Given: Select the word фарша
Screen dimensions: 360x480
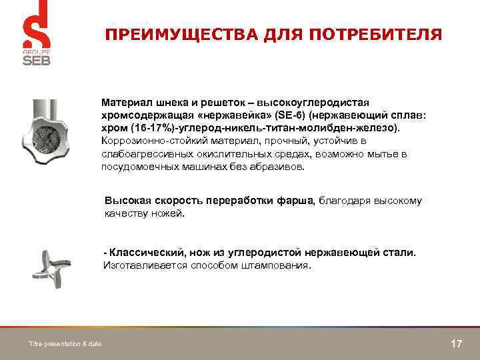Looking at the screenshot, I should click(298, 201).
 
